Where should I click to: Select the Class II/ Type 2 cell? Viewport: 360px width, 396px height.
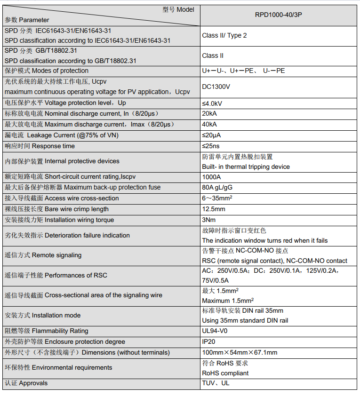click(x=224, y=35)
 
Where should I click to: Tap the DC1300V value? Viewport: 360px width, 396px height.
click(x=216, y=87)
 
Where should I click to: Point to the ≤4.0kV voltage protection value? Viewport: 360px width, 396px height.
click(x=212, y=103)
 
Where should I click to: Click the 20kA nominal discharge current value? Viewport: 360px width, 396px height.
click(x=209, y=114)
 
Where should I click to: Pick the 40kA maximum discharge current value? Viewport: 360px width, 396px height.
click(x=209, y=125)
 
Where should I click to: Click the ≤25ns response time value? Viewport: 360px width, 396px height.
click(x=211, y=146)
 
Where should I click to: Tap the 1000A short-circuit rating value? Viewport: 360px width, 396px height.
click(x=211, y=177)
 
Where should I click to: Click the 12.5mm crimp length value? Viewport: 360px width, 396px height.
click(x=214, y=209)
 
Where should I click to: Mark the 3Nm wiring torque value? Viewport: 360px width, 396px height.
click(x=209, y=220)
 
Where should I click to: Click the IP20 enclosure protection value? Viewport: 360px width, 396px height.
click(x=208, y=342)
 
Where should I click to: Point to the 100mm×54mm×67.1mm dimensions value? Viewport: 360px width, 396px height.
click(x=240, y=353)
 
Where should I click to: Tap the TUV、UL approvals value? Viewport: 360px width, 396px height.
click(x=216, y=383)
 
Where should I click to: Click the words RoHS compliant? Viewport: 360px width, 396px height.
click(x=225, y=373)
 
